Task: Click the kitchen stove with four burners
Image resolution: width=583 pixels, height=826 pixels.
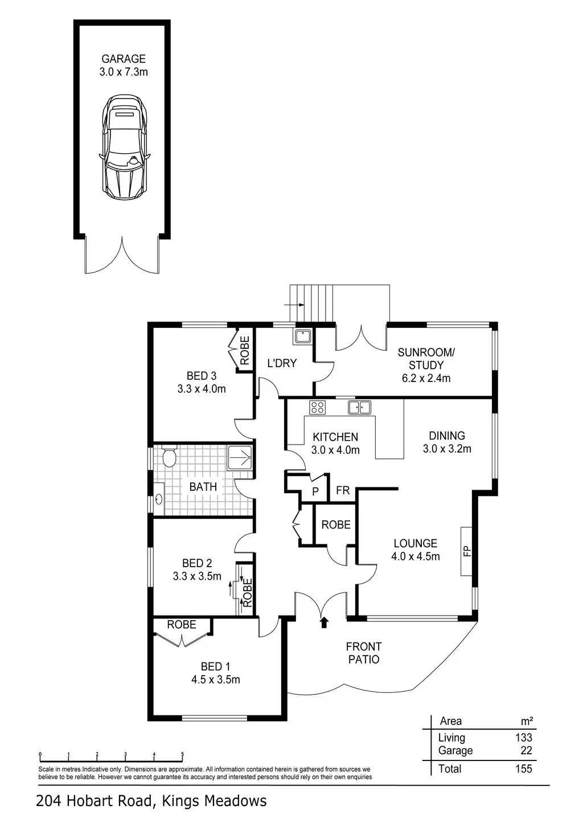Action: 317,408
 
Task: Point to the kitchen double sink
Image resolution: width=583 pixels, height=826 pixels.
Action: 360,407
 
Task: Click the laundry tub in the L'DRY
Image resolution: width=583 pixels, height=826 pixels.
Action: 302,336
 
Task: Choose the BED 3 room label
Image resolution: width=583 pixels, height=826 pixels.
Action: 202,376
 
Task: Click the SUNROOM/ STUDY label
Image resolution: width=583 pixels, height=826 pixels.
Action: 426,359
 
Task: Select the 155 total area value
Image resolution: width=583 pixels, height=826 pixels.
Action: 523,769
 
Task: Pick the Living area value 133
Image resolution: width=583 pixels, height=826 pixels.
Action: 523,738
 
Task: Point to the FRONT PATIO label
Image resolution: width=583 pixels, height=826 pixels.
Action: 364,653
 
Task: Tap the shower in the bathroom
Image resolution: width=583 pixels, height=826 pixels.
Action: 240,456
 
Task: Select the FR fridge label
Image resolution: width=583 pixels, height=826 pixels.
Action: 343,490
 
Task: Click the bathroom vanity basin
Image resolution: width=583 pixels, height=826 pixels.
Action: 159,500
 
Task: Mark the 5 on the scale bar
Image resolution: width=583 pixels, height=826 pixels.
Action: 183,755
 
